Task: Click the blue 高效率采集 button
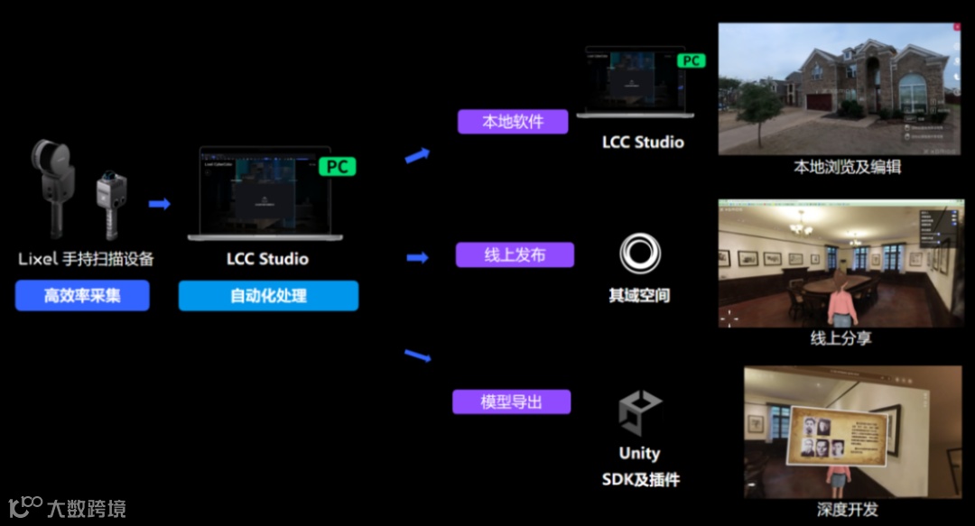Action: pos(82,296)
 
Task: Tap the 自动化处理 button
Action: pos(268,296)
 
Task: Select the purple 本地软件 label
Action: pos(512,122)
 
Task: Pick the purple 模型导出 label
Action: pos(511,401)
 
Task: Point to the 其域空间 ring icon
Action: pos(639,254)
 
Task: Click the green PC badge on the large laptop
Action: pos(338,167)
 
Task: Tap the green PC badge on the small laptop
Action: pos(692,60)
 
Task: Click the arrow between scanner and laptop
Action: pos(160,204)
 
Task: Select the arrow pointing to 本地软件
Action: pos(416,156)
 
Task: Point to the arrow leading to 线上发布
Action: pos(416,258)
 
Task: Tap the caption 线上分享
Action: pos(841,339)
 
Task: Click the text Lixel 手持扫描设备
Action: pos(87,259)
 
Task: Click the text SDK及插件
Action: pos(640,480)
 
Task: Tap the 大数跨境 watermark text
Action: pos(87,509)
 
